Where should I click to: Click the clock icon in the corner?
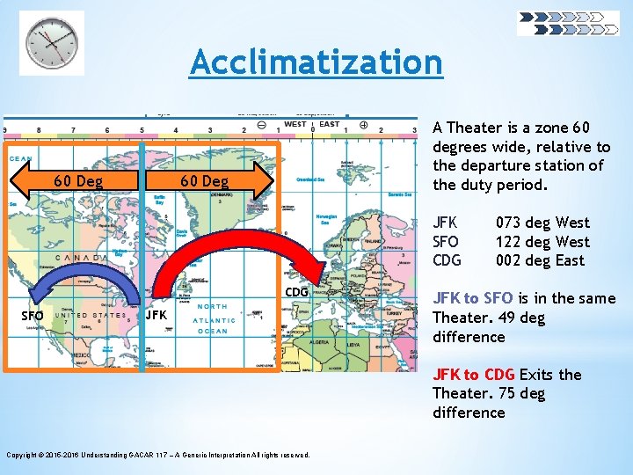click(52, 42)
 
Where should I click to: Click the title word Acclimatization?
click(316, 62)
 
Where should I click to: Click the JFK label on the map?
click(156, 315)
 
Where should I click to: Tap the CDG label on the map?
click(296, 292)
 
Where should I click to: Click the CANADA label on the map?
click(82, 258)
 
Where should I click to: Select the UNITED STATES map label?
click(91, 314)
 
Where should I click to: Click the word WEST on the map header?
click(295, 125)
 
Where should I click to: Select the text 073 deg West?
click(542, 223)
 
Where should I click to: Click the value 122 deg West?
click(542, 242)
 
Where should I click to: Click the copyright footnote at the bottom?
click(158, 455)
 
